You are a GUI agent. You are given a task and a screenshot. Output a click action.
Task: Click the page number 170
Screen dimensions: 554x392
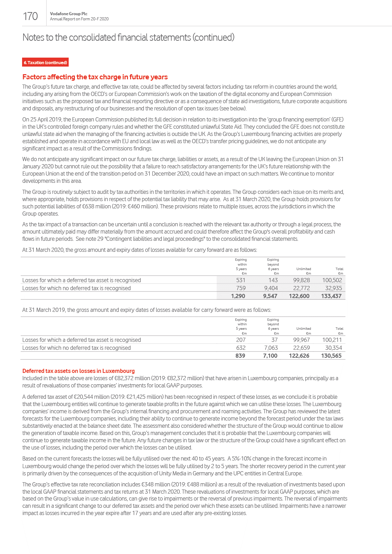[30, 16]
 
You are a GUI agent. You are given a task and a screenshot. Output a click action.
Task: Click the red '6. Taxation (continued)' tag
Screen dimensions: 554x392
[45, 62]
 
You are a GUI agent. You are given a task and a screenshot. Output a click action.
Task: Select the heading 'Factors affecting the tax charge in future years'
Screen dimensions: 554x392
[95, 77]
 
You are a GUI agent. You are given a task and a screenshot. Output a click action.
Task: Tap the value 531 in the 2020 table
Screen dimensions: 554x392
[241, 280]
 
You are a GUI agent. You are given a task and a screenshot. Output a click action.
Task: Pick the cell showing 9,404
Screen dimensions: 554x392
[271, 288]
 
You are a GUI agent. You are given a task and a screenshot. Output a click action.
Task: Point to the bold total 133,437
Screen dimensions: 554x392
[331, 296]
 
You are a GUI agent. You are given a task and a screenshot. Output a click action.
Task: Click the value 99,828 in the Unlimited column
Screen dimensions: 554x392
[301, 280]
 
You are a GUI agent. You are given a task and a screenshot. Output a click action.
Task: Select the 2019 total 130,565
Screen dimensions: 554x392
[331, 356]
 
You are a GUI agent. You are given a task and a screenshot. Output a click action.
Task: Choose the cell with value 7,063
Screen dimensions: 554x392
[271, 348]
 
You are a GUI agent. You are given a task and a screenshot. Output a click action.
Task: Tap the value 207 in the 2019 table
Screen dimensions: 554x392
[241, 340]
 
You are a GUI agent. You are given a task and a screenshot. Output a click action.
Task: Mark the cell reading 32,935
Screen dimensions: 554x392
[333, 288]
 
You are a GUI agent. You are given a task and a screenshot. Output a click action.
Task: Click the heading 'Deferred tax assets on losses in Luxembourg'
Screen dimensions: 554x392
[78, 371]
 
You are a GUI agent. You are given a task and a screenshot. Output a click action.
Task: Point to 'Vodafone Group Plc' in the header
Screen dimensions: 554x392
[69, 14]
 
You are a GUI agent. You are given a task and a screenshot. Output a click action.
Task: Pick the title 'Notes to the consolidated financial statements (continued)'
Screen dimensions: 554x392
[128, 37]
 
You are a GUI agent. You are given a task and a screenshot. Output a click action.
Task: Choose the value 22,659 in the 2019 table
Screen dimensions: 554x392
[301, 348]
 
